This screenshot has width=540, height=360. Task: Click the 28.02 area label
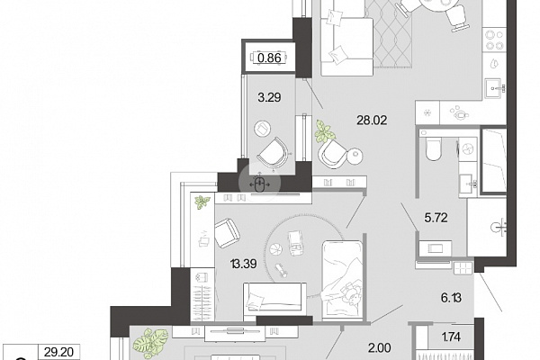click(x=372, y=121)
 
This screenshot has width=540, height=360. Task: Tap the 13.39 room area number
click(x=244, y=265)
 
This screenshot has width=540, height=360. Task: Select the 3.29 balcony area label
click(x=269, y=97)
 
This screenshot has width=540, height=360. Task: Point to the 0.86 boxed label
click(x=269, y=58)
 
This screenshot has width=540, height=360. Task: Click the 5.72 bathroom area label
click(x=436, y=218)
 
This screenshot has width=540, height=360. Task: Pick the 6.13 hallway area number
click(x=451, y=297)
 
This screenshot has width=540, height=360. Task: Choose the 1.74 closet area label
click(x=451, y=337)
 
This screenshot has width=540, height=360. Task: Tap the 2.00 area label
click(x=380, y=348)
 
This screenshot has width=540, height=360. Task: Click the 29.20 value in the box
click(x=58, y=352)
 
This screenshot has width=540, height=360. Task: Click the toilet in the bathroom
click(x=433, y=148)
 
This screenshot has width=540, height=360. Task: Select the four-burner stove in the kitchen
click(x=494, y=40)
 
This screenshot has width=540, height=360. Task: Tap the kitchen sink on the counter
click(x=495, y=89)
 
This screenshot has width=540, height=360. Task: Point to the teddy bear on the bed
click(x=350, y=293)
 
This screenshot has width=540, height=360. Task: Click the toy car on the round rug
click(x=295, y=243)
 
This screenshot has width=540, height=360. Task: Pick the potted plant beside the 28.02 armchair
click(x=324, y=131)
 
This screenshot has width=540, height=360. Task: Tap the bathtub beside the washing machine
click(x=493, y=160)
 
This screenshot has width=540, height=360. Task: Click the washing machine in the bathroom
click(x=467, y=149)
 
